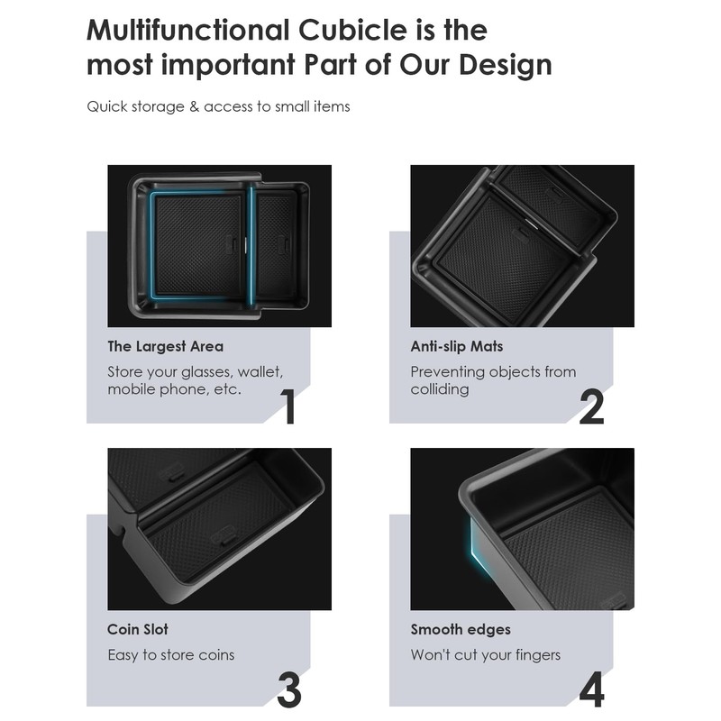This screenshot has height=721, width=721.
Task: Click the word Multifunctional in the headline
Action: pos(188,30)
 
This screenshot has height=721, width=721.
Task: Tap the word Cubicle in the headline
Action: pos(352,30)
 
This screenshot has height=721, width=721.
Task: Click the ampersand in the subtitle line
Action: pos(194,106)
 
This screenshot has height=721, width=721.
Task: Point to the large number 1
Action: pos(287,406)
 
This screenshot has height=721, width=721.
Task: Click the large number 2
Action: pos(591,406)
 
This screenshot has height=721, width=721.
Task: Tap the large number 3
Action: pos(289,689)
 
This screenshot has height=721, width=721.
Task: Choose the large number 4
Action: pos(591,689)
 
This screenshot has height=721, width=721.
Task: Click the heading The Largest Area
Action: pos(166,347)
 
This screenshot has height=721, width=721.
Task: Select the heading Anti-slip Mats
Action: pos(457,346)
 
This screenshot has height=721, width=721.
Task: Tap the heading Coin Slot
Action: pos(138,629)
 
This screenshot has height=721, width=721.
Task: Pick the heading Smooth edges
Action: pos(461,630)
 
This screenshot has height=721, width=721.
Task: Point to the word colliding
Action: pos(440,389)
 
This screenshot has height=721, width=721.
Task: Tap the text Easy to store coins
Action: pos(171,655)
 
